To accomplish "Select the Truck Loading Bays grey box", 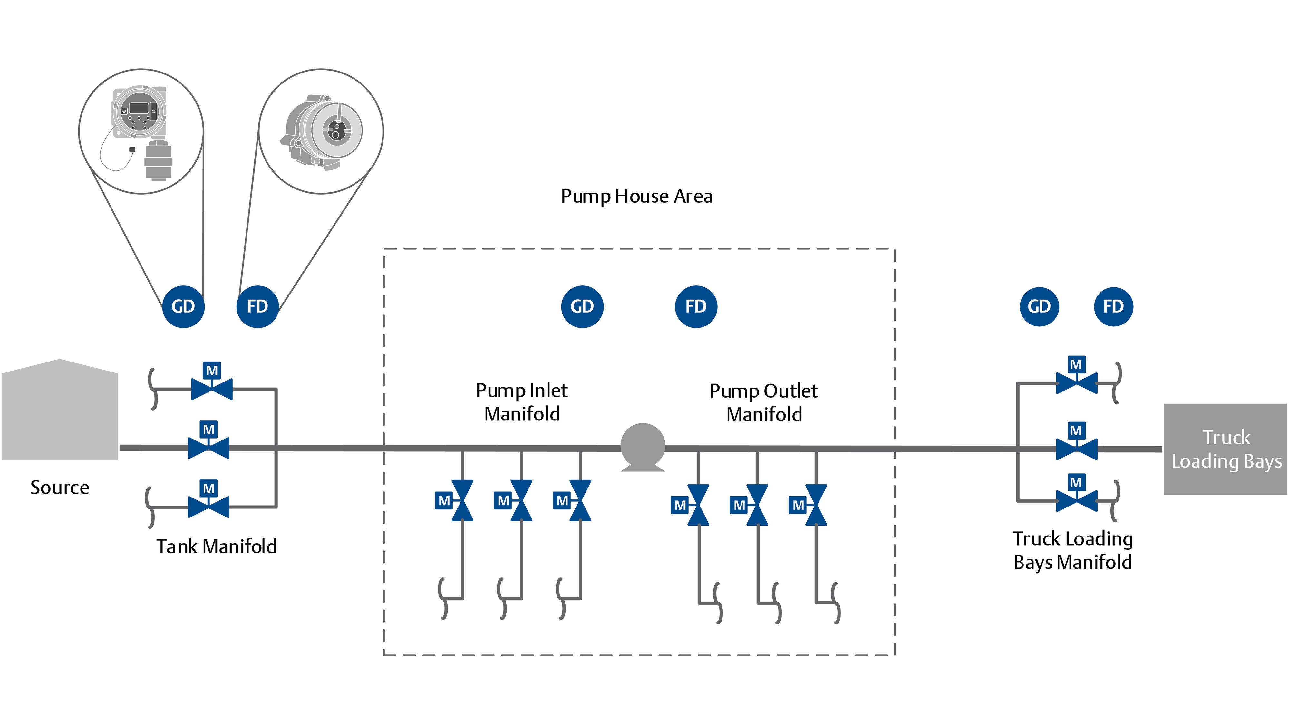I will [x=1226, y=449].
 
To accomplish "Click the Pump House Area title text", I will [x=636, y=196].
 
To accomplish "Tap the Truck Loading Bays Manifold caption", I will [x=1072, y=550].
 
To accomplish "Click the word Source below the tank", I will [x=60, y=487].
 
